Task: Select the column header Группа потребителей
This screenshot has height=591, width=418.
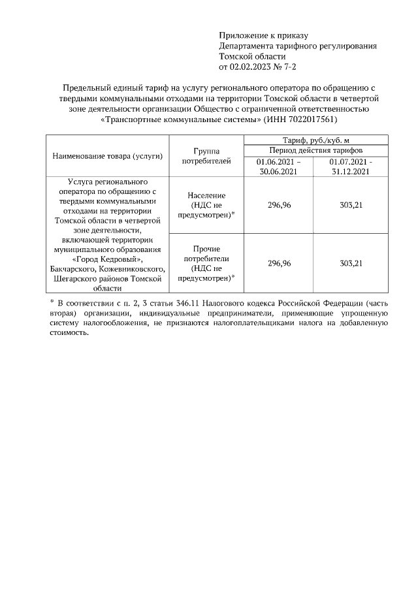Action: tap(206, 156)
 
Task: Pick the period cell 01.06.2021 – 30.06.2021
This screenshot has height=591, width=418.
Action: tap(279, 167)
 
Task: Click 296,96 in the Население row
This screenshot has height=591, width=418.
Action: tap(279, 205)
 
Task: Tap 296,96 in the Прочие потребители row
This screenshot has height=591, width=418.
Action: tap(279, 263)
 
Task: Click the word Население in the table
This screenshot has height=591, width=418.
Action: tap(206, 195)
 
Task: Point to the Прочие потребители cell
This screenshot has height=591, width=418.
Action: tap(206, 263)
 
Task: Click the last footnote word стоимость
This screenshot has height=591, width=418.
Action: tap(69, 332)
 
